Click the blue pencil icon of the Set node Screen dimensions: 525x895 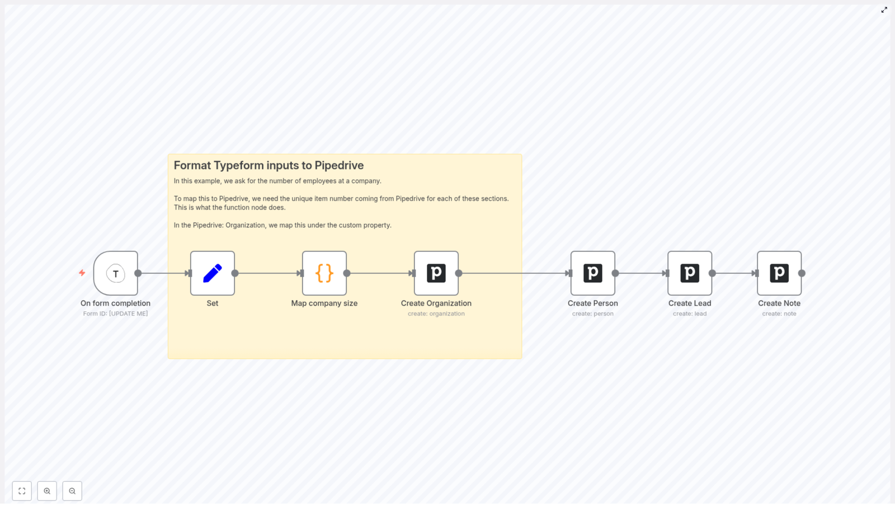pyautogui.click(x=212, y=273)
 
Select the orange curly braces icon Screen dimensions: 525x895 pyautogui.click(x=324, y=273)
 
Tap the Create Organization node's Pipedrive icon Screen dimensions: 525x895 pyautogui.click(x=436, y=273)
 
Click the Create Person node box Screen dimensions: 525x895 pyautogui.click(x=592, y=273)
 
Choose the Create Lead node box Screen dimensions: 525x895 pyautogui.click(x=689, y=273)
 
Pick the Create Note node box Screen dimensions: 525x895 pyautogui.click(x=779, y=273)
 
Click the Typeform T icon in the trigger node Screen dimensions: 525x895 pyautogui.click(x=116, y=274)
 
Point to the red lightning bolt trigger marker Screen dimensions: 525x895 pyautogui.click(x=82, y=273)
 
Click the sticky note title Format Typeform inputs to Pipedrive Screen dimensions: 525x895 pyautogui.click(x=268, y=165)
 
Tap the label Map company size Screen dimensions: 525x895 pyautogui.click(x=324, y=303)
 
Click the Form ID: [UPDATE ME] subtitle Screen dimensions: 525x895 pyautogui.click(x=115, y=313)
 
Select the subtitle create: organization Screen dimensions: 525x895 pyautogui.click(x=436, y=313)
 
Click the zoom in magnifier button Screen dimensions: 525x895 pyautogui.click(x=47, y=491)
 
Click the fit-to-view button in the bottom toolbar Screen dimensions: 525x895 pyautogui.click(x=22, y=491)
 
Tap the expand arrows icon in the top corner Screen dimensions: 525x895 pyautogui.click(x=884, y=10)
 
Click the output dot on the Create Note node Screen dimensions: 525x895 pyautogui.click(x=802, y=273)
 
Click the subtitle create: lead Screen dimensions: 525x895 pyautogui.click(x=689, y=313)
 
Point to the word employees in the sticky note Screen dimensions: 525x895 pyautogui.click(x=319, y=181)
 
